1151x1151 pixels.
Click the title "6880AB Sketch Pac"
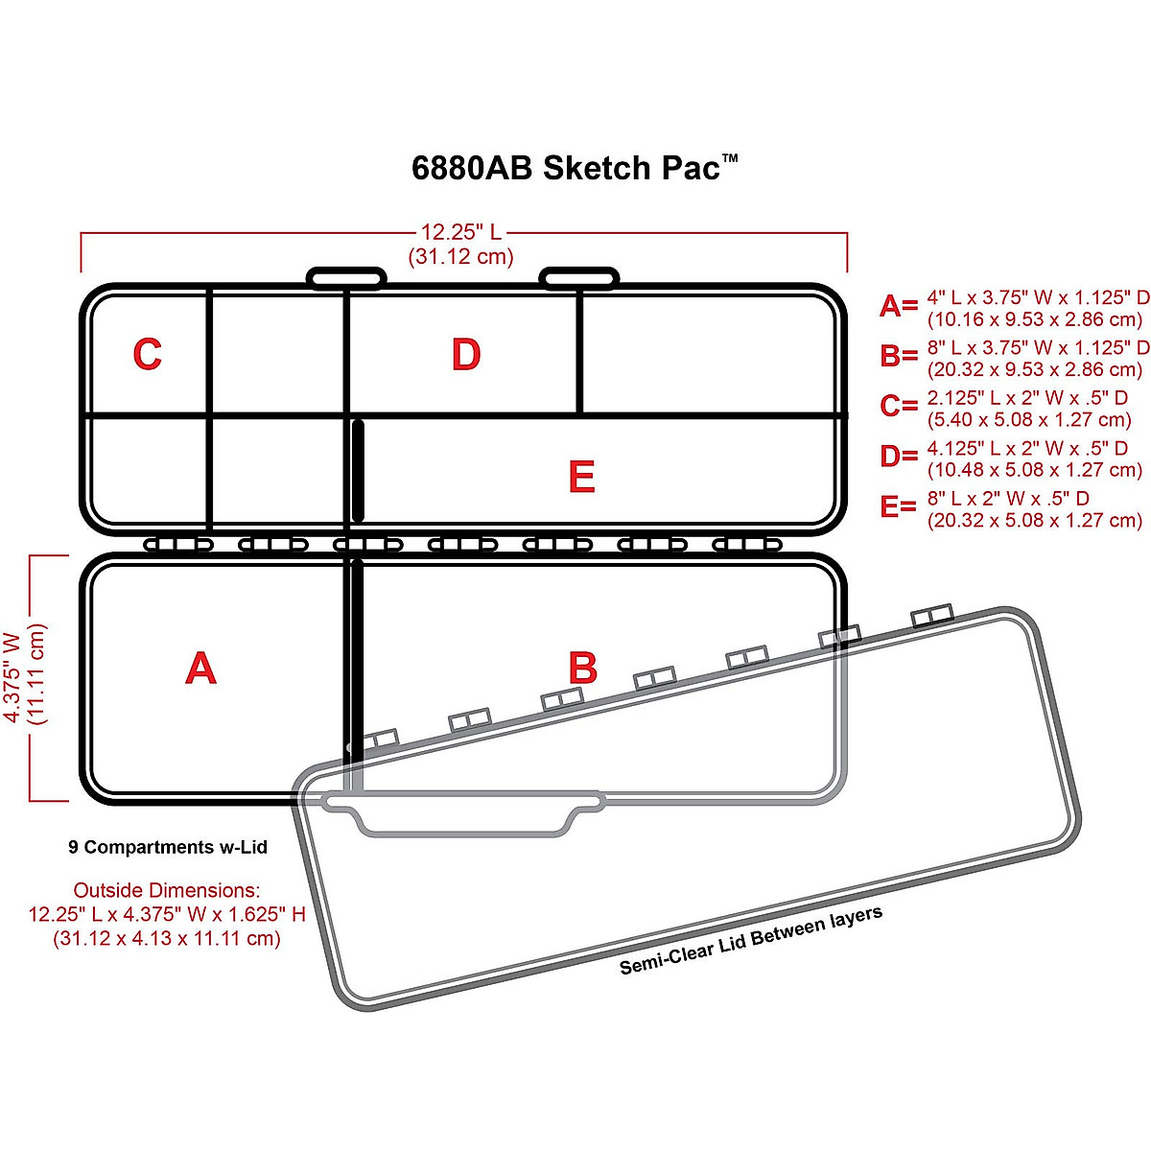pyautogui.click(x=574, y=168)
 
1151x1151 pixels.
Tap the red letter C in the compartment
pyautogui.click(x=147, y=355)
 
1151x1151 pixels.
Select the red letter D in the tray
pyautogui.click(x=466, y=355)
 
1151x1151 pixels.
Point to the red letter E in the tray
pyautogui.click(x=581, y=478)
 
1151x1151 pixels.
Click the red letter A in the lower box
pyautogui.click(x=200, y=669)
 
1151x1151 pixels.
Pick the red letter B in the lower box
pyautogui.click(x=582, y=669)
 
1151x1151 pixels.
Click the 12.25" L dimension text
pyautogui.click(x=461, y=232)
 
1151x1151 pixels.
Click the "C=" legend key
pyautogui.click(x=899, y=407)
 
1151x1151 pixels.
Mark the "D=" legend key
pyautogui.click(x=899, y=457)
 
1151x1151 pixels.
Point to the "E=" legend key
pyautogui.click(x=899, y=506)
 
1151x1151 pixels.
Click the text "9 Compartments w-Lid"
pyautogui.click(x=168, y=848)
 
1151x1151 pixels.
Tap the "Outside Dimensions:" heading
pyautogui.click(x=167, y=890)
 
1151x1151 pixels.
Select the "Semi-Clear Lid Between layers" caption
pyautogui.click(x=750, y=940)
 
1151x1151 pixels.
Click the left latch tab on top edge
pyautogui.click(x=346, y=278)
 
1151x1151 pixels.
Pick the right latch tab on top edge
pyautogui.click(x=578, y=278)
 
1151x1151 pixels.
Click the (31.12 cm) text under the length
pyautogui.click(x=461, y=257)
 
